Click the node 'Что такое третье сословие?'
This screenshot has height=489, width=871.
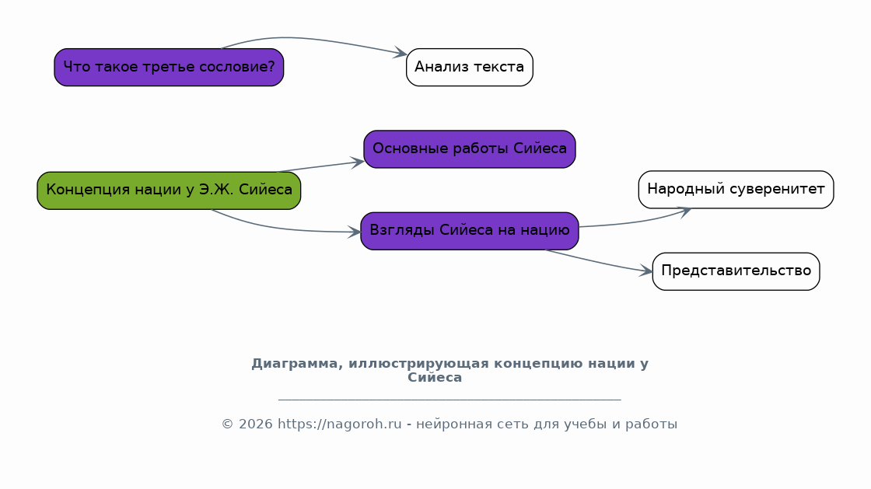pyautogui.click(x=169, y=67)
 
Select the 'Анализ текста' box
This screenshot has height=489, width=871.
pyautogui.click(x=470, y=67)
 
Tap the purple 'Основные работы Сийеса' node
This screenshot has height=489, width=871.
pyautogui.click(x=470, y=148)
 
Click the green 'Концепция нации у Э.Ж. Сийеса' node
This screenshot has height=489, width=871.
pyautogui.click(x=169, y=190)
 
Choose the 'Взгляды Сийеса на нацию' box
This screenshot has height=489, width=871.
pyautogui.click(x=470, y=231)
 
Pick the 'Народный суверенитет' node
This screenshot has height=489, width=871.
pyautogui.click(x=736, y=189)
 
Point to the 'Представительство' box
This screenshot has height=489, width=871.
pyautogui.click(x=736, y=271)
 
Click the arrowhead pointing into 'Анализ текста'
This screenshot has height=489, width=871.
pyautogui.click(x=401, y=53)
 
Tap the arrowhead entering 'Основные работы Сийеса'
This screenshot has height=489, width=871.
pyautogui.click(x=358, y=162)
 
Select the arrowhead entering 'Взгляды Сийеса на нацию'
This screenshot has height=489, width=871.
pyautogui.click(x=355, y=232)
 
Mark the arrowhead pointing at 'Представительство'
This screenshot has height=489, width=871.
pyautogui.click(x=646, y=271)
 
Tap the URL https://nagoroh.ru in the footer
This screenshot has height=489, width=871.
pyautogui.click(x=339, y=424)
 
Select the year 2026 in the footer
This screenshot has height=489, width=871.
pyautogui.click(x=256, y=424)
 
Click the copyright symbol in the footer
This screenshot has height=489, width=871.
pyautogui.click(x=228, y=424)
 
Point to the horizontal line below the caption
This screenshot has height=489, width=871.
pyautogui.click(x=449, y=399)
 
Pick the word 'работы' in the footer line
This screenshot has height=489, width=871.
pyautogui.click(x=652, y=424)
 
